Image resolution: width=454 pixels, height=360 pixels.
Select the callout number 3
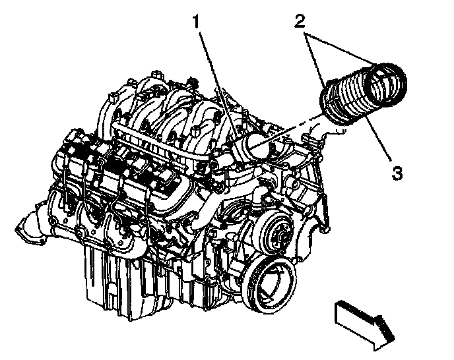coord(397,174)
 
